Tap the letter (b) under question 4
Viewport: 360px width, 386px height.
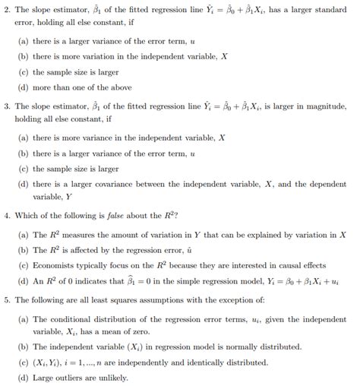(x=23, y=250)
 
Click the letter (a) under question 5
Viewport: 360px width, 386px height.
(x=23, y=318)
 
